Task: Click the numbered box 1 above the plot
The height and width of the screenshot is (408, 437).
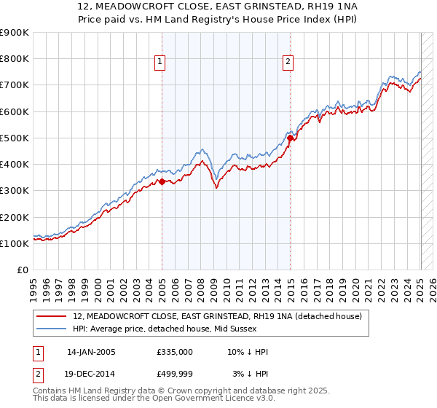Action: (x=159, y=63)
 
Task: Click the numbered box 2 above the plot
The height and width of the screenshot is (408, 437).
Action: (x=288, y=63)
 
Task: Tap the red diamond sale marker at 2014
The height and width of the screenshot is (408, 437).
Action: (x=290, y=138)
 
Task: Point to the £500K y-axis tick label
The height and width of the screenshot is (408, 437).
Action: (x=15, y=138)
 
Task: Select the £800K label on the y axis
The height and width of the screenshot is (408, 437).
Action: (x=15, y=58)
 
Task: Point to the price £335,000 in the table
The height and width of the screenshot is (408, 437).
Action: (x=174, y=352)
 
